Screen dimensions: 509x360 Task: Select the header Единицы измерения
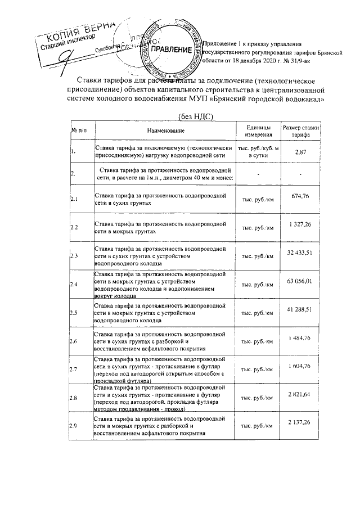[258, 130]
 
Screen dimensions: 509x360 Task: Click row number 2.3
[74, 256]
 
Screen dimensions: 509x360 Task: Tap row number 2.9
[74, 426]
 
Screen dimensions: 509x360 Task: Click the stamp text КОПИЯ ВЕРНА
[79, 30]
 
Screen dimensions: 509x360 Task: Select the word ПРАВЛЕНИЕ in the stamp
[172, 49]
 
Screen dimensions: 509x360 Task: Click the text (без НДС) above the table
[197, 116]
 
